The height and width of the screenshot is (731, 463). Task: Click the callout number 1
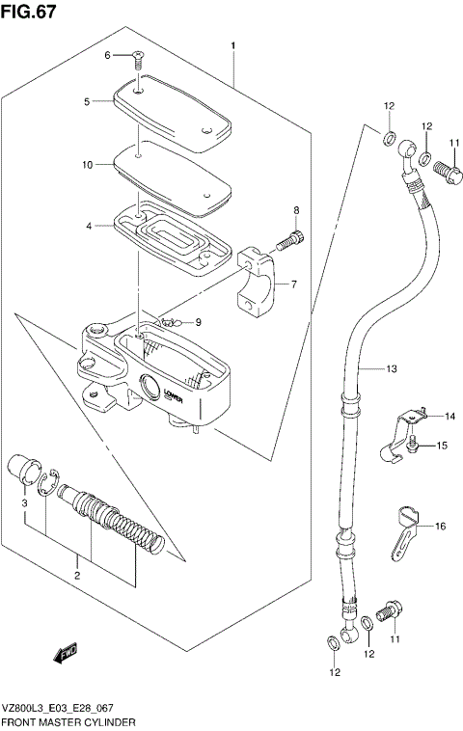(232, 45)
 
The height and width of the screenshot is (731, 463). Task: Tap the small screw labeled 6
(139, 60)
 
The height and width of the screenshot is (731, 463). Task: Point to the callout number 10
(87, 165)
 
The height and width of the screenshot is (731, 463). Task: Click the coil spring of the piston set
(135, 532)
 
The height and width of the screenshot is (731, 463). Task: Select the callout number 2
(78, 576)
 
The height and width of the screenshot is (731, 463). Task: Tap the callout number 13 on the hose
(391, 368)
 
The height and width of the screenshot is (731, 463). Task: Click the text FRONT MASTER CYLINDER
(68, 721)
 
